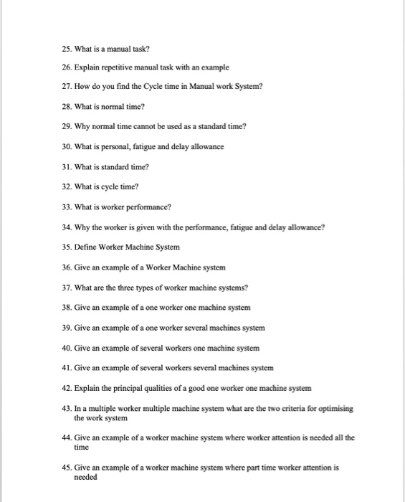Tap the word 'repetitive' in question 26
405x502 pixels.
pos(121,66)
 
